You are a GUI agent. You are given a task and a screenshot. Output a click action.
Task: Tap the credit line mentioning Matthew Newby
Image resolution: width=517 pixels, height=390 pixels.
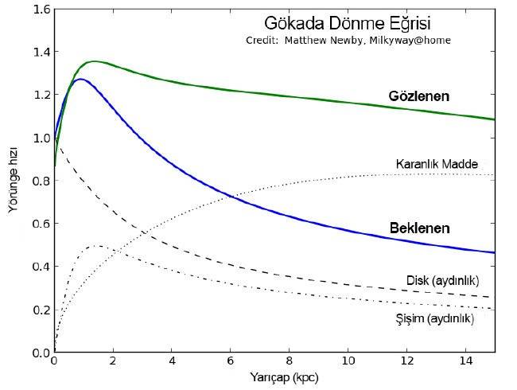[342, 40]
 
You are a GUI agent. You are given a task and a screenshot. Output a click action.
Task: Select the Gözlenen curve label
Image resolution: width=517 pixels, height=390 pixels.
[418, 96]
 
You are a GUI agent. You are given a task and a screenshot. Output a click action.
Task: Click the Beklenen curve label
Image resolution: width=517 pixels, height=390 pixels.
[419, 228]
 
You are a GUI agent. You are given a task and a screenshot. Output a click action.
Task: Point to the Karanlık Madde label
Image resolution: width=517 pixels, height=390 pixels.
[437, 165]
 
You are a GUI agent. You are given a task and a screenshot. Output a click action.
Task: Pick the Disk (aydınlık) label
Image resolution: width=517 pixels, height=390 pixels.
[442, 280]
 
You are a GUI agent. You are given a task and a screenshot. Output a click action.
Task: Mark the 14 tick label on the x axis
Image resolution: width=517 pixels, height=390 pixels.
[465, 361]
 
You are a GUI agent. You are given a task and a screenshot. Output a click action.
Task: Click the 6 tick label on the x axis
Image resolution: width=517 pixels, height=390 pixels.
[230, 361]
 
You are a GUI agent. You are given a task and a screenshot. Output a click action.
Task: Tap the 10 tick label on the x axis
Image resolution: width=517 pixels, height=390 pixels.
[347, 361]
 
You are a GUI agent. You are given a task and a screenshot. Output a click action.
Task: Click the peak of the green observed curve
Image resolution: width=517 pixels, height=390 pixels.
[94, 61]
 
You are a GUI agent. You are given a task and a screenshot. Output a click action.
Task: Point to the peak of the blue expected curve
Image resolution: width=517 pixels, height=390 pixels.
[80, 79]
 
